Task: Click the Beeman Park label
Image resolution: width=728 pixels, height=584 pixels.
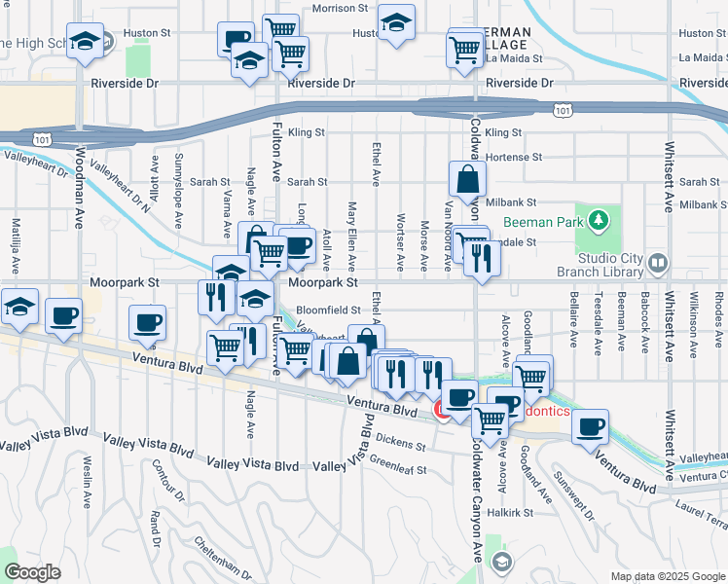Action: tap(542, 223)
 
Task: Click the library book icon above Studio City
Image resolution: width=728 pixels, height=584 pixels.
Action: tap(658, 263)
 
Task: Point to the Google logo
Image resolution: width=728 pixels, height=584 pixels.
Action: tap(32, 572)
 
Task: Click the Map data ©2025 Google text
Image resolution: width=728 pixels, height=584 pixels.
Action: tap(668, 576)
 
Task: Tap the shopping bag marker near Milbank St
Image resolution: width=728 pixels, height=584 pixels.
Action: tap(468, 180)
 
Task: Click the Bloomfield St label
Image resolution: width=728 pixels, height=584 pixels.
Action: tap(330, 310)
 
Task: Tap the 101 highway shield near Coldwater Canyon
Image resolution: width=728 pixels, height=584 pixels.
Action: tap(563, 110)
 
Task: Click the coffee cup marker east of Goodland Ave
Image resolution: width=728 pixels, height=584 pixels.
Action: tap(589, 426)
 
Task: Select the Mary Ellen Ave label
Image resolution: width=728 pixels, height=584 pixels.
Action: tap(352, 238)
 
